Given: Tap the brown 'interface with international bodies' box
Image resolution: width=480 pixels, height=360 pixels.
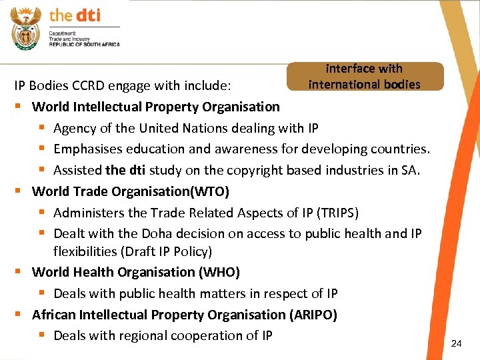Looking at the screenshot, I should [365, 76].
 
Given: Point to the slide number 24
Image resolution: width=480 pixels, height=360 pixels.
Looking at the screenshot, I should [456, 343].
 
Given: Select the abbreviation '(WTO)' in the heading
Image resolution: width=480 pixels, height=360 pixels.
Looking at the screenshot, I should [209, 191].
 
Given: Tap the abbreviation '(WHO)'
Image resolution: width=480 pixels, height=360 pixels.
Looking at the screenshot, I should [219, 272].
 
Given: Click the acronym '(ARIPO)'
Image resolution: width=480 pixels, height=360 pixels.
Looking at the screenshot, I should [313, 315].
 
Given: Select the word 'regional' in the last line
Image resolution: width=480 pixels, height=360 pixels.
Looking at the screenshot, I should [149, 335].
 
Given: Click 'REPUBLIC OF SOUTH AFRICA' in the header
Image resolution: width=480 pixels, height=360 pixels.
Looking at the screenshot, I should [84, 44].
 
